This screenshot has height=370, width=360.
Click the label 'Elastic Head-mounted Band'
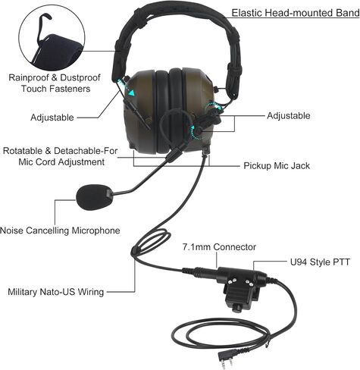[296, 13]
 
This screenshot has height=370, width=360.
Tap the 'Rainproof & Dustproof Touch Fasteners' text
[55, 83]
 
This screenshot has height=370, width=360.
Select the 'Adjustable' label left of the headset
[52, 118]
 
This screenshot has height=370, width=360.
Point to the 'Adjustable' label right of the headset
[289, 116]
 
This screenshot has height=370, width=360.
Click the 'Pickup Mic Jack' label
[277, 166]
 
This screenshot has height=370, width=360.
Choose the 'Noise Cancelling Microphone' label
[60, 230]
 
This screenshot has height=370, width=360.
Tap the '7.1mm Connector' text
[219, 247]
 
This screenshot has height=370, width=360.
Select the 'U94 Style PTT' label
[320, 262]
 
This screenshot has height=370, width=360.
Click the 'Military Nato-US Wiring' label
[56, 292]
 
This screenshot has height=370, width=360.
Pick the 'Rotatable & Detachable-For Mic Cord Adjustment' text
[61, 156]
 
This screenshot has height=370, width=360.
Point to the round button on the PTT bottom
[236, 309]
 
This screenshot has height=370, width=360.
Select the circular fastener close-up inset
[52, 39]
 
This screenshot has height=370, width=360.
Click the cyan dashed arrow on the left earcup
[127, 86]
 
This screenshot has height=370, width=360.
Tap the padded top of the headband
[177, 12]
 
